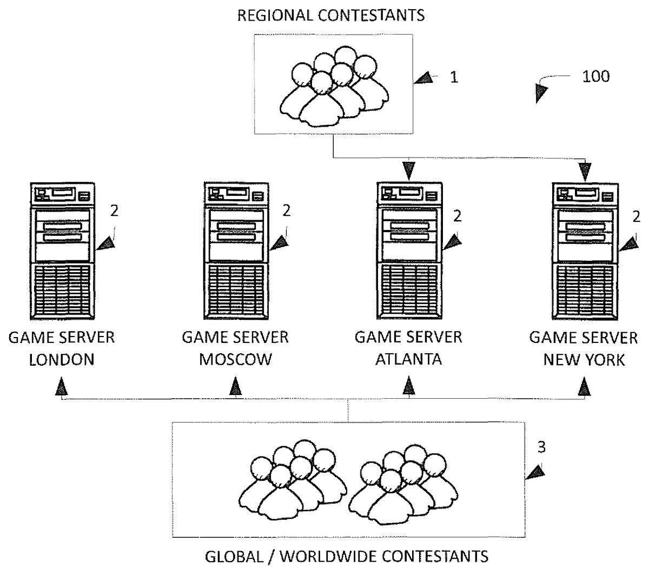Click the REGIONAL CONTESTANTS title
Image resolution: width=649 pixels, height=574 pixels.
tap(331, 15)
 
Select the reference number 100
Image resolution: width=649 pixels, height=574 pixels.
tap(595, 76)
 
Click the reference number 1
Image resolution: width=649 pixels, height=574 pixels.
tap(454, 77)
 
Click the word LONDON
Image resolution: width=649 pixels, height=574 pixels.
tap(61, 360)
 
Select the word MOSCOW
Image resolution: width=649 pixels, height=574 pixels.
tap(235, 360)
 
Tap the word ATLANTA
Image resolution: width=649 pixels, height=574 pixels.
tap(408, 360)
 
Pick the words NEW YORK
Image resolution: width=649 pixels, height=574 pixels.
tap(584, 360)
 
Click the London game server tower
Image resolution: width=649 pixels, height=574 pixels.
tap(61, 252)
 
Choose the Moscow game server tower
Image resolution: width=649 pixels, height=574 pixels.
tap(235, 252)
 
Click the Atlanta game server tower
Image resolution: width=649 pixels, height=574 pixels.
tap(408, 252)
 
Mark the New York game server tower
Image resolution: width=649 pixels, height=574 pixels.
tap(584, 252)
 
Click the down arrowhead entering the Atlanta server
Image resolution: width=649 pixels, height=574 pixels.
tap(408, 171)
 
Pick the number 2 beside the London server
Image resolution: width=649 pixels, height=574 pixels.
tap(114, 211)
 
